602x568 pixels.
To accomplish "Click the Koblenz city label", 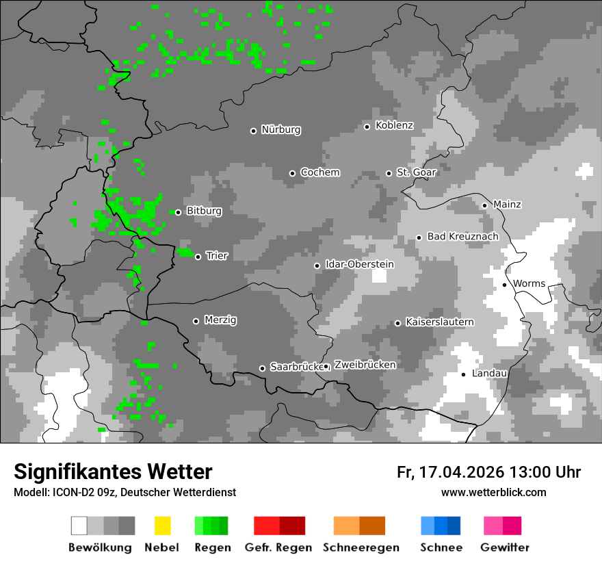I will pyautogui.click(x=394, y=125).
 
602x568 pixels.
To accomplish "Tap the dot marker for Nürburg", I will pyautogui.click(x=253, y=131).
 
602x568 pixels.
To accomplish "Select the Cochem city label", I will pyautogui.click(x=319, y=172).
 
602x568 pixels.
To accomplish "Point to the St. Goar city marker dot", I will pyautogui.click(x=389, y=173).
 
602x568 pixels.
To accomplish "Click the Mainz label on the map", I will pyautogui.click(x=507, y=204).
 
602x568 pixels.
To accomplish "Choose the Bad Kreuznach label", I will pyautogui.click(x=462, y=236).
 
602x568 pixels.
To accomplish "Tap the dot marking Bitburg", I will pyautogui.click(x=178, y=212).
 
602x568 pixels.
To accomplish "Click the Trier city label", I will pyautogui.click(x=217, y=255).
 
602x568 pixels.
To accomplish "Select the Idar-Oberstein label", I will pyautogui.click(x=360, y=264).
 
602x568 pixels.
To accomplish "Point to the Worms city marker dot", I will pyautogui.click(x=504, y=285).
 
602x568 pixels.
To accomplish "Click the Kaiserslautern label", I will pyautogui.click(x=439, y=322).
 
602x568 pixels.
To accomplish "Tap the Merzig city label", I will pyautogui.click(x=220, y=320).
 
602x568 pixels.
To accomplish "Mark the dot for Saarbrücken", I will pyautogui.click(x=262, y=368).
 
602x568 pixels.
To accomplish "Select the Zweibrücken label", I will pyautogui.click(x=365, y=365).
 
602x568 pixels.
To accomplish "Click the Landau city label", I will pyautogui.click(x=489, y=373).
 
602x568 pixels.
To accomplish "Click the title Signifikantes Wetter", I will pyautogui.click(x=113, y=472).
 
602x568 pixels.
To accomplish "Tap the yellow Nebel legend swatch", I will pyautogui.click(x=162, y=526).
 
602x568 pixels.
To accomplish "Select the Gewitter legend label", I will pyautogui.click(x=505, y=547).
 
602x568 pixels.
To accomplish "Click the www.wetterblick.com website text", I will pyautogui.click(x=493, y=492).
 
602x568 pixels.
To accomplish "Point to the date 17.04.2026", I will pyautogui.click(x=460, y=472).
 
